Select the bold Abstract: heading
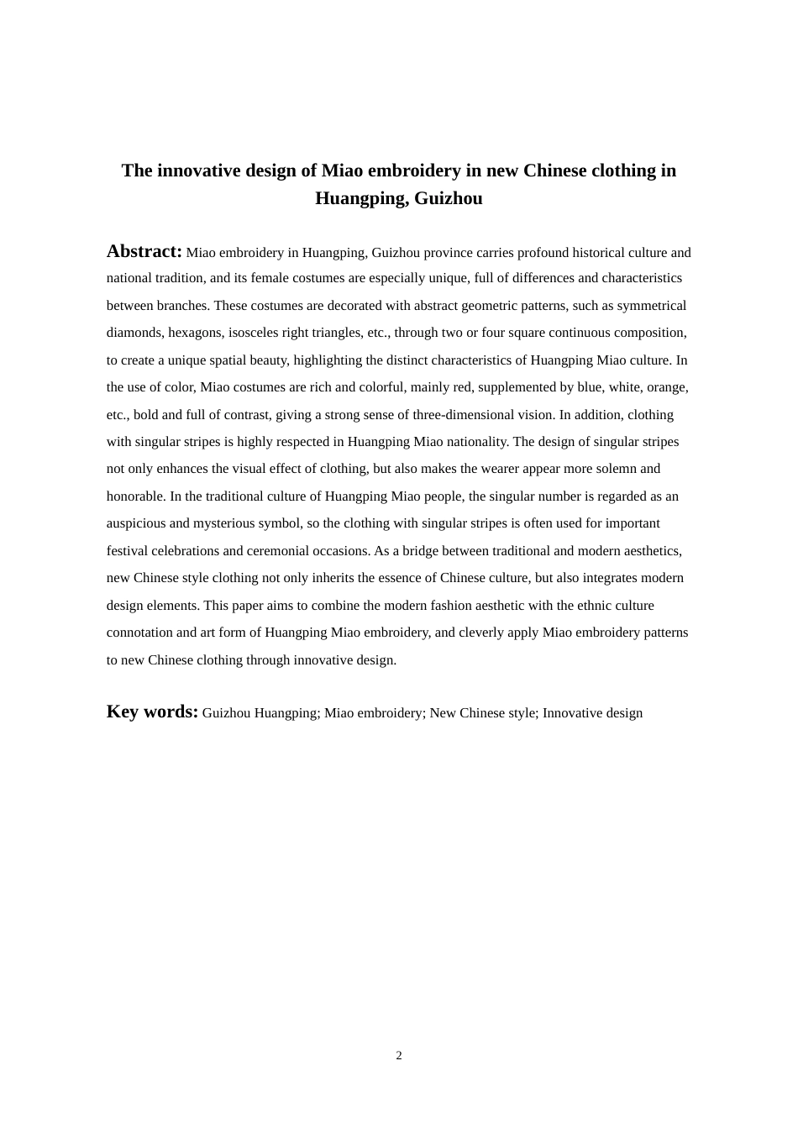click(x=144, y=251)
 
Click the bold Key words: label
click(x=152, y=712)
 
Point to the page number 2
click(x=399, y=1055)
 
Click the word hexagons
click(x=196, y=333)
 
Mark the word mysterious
click(x=228, y=523)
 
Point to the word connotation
click(x=139, y=633)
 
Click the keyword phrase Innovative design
click(x=592, y=713)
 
